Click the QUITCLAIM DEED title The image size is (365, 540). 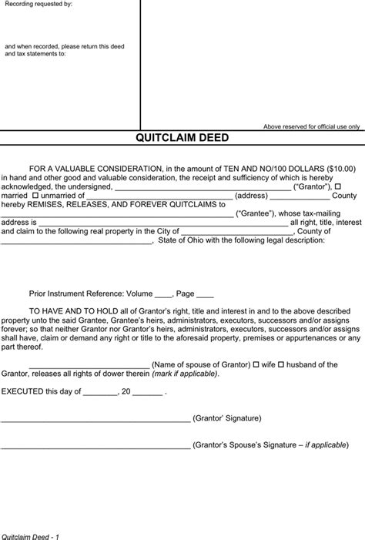pyautogui.click(x=182, y=139)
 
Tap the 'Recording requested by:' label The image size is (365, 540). pyautogui.click(x=39, y=4)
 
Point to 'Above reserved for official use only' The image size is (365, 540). pyautogui.click(x=311, y=126)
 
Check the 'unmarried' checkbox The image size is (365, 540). pyautogui.click(x=35, y=196)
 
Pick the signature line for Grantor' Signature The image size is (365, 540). pyautogui.click(x=95, y=420)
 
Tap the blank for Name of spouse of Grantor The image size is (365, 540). pyautogui.click(x=89, y=366)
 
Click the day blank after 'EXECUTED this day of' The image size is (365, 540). pyautogui.click(x=99, y=393)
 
